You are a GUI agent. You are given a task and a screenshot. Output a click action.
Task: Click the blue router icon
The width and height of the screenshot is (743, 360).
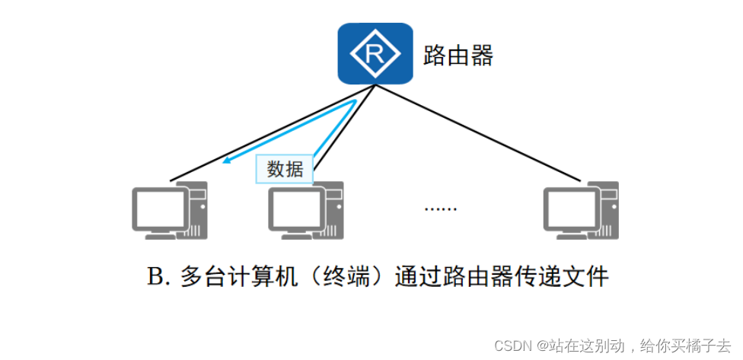pyautogui.click(x=375, y=53)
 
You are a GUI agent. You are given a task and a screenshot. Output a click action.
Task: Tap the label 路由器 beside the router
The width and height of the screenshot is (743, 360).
pyautogui.click(x=458, y=55)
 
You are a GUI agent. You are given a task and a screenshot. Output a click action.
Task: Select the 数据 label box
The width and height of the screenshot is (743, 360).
pyautogui.click(x=285, y=169)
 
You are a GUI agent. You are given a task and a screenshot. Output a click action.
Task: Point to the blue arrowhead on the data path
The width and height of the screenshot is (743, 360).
pyautogui.click(x=226, y=161)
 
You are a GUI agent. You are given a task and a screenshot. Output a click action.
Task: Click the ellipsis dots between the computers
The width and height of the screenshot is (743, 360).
pyautogui.click(x=440, y=208)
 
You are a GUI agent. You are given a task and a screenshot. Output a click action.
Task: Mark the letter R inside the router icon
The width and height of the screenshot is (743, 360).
pyautogui.click(x=375, y=54)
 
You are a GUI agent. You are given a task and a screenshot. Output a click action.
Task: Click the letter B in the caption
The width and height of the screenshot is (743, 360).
pyautogui.click(x=155, y=277)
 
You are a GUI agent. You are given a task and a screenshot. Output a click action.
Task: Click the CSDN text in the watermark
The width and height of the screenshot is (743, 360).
pyautogui.click(x=509, y=345)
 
